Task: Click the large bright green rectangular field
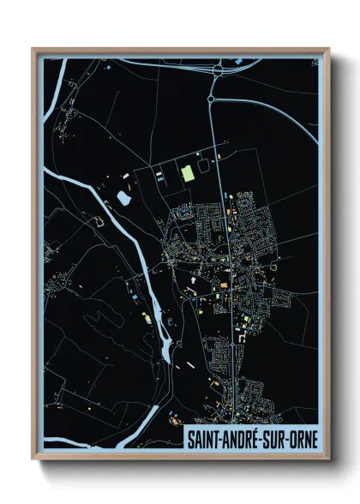pyautogui.click(x=188, y=174)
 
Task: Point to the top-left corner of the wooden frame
pyautogui.click(x=32, y=48)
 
